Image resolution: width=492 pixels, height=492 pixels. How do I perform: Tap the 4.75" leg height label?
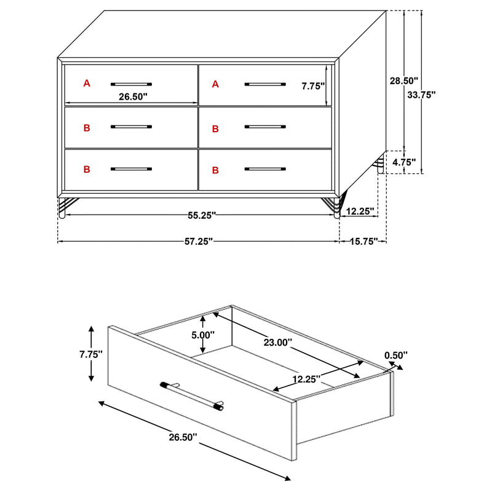[403, 162]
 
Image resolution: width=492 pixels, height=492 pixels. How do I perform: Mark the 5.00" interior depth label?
[202, 335]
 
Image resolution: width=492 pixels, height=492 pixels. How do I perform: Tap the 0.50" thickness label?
[396, 355]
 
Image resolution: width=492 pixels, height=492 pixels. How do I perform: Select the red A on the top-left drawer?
[87, 83]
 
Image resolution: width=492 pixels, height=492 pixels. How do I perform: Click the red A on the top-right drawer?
[215, 84]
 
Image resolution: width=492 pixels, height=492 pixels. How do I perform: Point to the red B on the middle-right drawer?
[215, 129]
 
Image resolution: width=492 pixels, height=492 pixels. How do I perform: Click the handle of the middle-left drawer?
[131, 127]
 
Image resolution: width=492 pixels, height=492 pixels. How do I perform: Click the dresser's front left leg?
[62, 207]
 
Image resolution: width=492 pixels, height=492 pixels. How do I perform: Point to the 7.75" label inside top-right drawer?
[313, 87]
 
